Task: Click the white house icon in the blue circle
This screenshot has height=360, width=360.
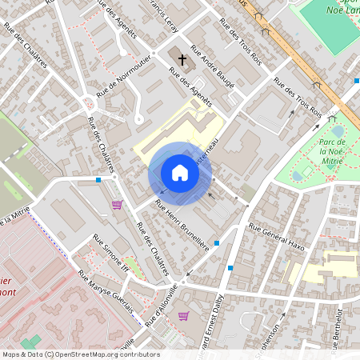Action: (x=180, y=173)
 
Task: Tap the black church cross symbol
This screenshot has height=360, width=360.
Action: (x=182, y=58)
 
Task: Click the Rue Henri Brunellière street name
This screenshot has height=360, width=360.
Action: (x=182, y=226)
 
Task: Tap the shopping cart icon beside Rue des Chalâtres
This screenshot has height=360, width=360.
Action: (x=117, y=205)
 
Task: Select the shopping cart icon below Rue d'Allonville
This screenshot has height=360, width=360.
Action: (x=183, y=316)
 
